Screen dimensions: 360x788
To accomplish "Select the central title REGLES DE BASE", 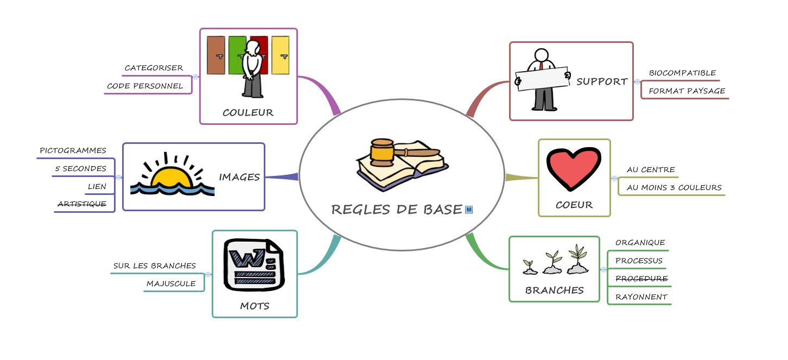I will click(397, 210).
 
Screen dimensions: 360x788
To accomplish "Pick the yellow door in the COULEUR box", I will click(280, 55).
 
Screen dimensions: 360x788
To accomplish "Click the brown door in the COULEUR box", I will click(215, 55).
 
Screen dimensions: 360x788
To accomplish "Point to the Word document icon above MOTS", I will click(253, 263).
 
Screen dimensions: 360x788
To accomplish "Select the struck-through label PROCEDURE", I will click(641, 279).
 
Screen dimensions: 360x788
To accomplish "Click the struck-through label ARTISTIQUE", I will click(82, 204).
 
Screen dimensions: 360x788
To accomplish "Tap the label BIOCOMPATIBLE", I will click(682, 73).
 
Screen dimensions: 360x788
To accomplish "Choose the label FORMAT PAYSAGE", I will click(687, 91).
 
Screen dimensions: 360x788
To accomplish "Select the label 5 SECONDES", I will click(80, 169).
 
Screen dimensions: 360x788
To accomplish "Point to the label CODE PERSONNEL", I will click(145, 86).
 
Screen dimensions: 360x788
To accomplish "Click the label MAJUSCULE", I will click(171, 283).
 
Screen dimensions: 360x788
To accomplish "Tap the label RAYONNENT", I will click(641, 297).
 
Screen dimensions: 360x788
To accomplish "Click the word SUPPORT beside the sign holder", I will click(602, 81).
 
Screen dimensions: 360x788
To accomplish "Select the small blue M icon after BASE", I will click(469, 209).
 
